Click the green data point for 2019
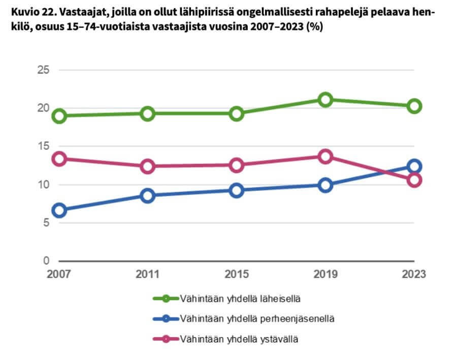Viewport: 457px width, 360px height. tap(325, 99)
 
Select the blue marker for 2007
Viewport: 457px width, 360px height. tap(59, 211)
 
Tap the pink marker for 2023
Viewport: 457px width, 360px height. tap(415, 180)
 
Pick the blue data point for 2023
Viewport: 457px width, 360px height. tap(415, 166)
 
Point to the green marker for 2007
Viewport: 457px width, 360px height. tap(59, 116)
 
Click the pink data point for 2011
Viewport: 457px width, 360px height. tap(148, 166)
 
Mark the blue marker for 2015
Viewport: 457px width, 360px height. tap(236, 190)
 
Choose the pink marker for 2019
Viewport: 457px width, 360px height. tap(325, 156)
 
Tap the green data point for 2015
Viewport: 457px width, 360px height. tap(236, 113)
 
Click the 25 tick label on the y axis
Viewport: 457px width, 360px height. tap(43, 70)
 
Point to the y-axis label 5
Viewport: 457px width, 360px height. tap(46, 223)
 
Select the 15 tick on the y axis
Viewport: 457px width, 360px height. tap(43, 146)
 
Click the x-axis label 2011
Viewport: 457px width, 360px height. tap(148, 274)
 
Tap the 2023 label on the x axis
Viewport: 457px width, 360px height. tap(413, 274)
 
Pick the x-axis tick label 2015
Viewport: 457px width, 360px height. tap(236, 274)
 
